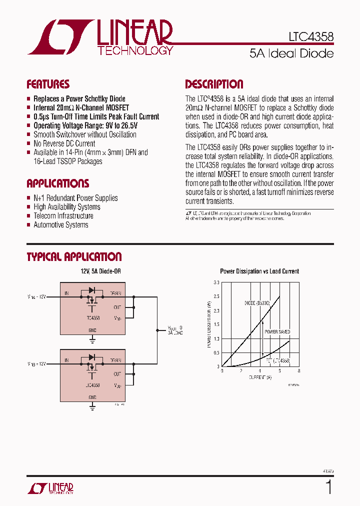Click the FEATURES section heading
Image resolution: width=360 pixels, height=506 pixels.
click(48, 84)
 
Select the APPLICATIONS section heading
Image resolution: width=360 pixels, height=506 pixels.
click(57, 183)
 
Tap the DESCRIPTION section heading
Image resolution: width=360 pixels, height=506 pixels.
click(214, 84)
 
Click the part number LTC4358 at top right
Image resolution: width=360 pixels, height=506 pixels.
click(311, 37)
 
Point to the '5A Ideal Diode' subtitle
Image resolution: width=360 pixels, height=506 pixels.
click(291, 53)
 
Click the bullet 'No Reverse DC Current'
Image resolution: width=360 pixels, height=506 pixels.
click(64, 143)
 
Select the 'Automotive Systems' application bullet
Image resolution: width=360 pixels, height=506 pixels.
click(60, 225)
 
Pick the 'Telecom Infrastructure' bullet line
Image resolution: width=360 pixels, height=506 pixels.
click(63, 216)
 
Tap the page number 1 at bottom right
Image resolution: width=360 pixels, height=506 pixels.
click(328, 486)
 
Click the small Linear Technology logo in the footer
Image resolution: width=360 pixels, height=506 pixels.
click(50, 488)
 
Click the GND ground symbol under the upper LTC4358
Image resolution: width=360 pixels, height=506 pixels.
click(92, 340)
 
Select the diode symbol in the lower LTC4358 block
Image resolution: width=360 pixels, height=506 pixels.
click(91, 357)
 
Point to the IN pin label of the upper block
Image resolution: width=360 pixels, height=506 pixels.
click(66, 293)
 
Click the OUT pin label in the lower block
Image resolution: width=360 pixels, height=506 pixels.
click(117, 374)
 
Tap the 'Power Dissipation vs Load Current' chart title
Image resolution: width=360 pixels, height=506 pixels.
click(259, 271)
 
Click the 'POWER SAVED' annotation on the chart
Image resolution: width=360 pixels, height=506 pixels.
click(277, 332)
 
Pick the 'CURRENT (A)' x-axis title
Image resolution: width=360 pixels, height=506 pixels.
click(260, 377)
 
